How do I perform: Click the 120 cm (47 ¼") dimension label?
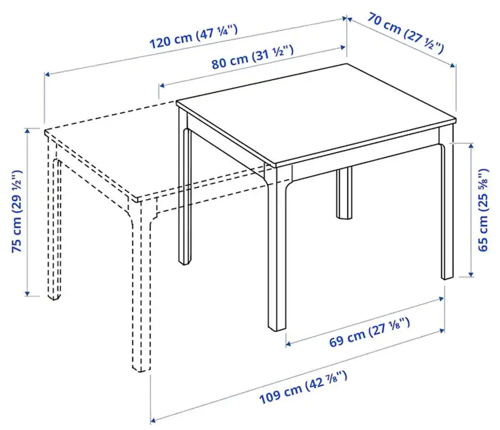pos(193,37)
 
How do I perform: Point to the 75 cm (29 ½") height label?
pos(17,211)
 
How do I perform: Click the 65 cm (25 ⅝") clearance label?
pos(483,210)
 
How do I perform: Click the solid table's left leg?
pos(184,199)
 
